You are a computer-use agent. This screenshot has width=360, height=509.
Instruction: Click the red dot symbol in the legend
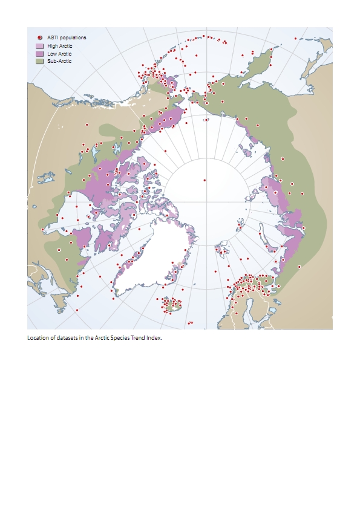[x=39, y=37]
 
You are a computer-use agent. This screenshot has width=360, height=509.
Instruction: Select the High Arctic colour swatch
[x=39, y=45]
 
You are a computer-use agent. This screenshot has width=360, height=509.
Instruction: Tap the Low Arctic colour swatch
[x=39, y=53]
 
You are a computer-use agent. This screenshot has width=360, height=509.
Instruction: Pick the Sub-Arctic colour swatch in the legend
[x=39, y=61]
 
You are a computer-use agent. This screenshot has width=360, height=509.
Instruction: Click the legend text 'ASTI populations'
[x=67, y=37]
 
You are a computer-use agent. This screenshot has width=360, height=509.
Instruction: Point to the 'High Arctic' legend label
[x=59, y=45]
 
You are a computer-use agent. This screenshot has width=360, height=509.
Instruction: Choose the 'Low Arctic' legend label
[x=59, y=53]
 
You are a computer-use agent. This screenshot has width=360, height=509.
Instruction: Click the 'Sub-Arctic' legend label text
[x=59, y=61]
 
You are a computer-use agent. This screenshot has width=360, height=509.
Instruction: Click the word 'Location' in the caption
[x=37, y=338]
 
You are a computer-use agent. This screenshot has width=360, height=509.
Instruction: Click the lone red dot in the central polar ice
[x=205, y=180]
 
